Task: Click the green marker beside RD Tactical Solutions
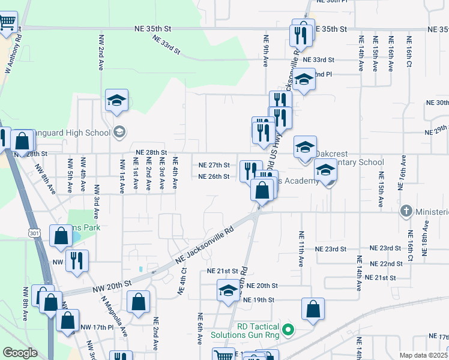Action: pyautogui.click(x=288, y=329)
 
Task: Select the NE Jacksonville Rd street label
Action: pyautogui.click(x=203, y=245)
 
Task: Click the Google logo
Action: pyautogui.click(x=20, y=353)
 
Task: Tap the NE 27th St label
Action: pyautogui.click(x=214, y=165)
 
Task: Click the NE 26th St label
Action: pyautogui.click(x=214, y=176)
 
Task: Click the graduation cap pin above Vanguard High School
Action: pyautogui.click(x=117, y=101)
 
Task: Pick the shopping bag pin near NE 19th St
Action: pyautogui.click(x=313, y=310)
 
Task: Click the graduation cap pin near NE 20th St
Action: pyautogui.click(x=228, y=292)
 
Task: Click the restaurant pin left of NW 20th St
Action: pyautogui.click(x=77, y=261)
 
